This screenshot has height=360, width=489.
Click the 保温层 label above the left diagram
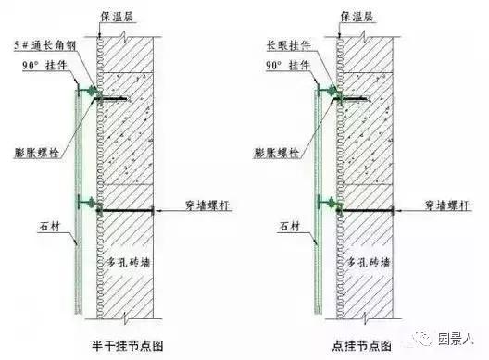114,17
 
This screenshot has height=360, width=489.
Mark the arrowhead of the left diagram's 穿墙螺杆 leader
160,212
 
